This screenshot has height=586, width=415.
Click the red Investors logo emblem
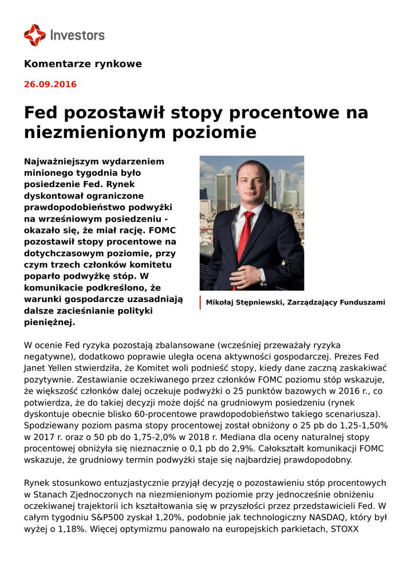click(34, 35)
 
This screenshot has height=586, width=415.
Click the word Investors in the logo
click(77, 35)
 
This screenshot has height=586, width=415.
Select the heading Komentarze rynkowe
click(82, 64)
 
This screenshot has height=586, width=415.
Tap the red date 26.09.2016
click(50, 85)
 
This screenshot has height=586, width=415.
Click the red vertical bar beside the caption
click(200, 303)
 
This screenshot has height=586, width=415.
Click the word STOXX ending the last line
click(345, 529)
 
